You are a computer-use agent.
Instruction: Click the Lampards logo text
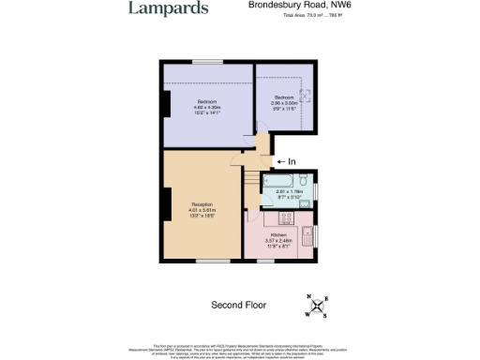click(x=169, y=8)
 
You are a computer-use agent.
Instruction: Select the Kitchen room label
click(x=278, y=234)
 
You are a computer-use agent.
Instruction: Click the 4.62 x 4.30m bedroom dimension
click(x=207, y=107)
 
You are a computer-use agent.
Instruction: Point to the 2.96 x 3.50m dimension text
click(x=285, y=103)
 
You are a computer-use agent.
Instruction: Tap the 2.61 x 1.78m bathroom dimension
click(x=287, y=192)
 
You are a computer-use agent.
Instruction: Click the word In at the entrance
click(x=292, y=162)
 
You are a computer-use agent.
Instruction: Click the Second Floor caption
click(x=238, y=305)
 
